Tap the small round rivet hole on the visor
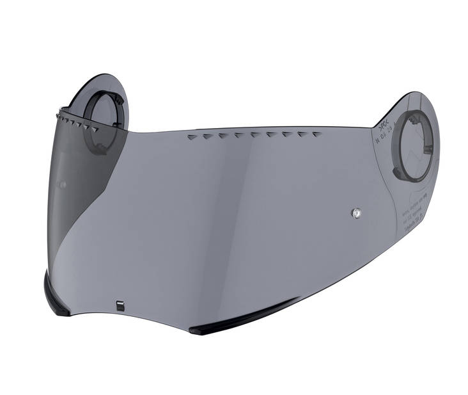click(x=355, y=211)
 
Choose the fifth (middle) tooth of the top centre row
click(x=254, y=135)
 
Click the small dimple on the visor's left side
click(x=63, y=184)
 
